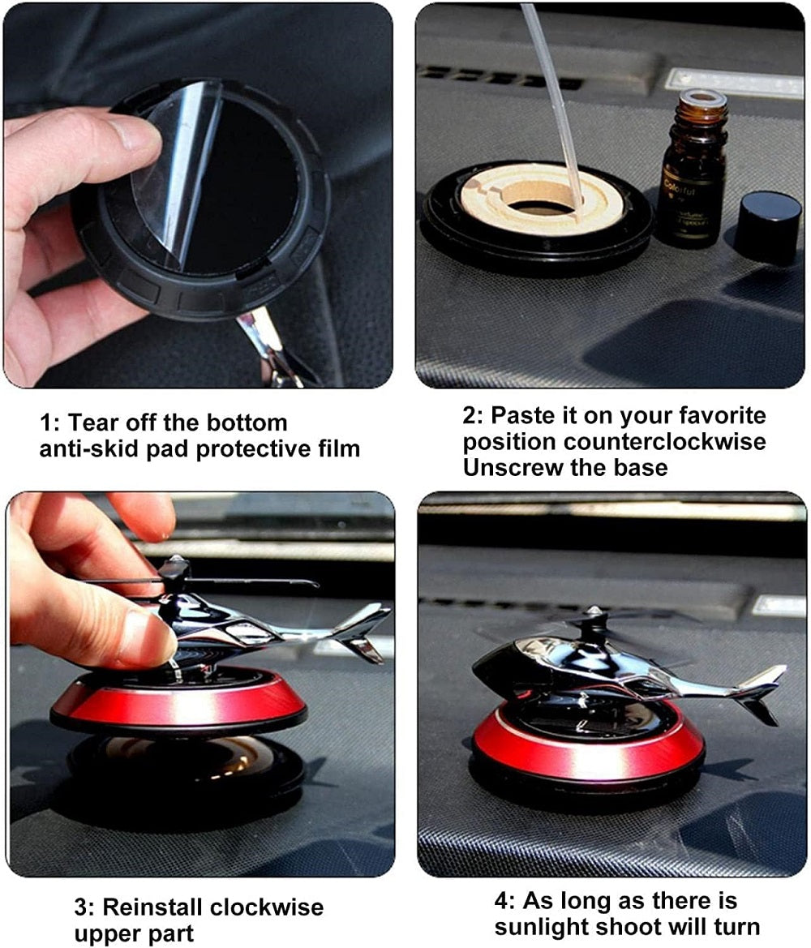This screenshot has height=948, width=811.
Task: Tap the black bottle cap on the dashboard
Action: pyautogui.click(x=767, y=226)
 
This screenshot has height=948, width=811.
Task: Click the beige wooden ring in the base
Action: pyautogui.click(x=541, y=199)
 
